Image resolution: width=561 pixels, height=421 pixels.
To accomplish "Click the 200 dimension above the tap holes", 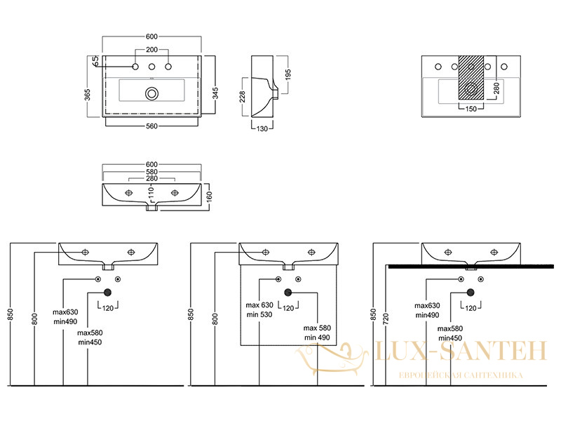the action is click(151, 50).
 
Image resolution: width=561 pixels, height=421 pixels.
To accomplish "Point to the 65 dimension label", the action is click(95, 61).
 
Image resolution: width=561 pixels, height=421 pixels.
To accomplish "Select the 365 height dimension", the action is click(88, 95).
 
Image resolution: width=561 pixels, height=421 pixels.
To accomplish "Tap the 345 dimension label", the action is click(215, 93).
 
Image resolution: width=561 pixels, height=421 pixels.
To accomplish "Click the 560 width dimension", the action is click(151, 126).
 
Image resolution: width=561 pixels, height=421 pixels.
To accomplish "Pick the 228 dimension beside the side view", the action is click(242, 97).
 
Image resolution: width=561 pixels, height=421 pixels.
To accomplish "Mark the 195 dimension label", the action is click(288, 74).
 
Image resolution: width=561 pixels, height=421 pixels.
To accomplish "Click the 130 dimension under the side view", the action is click(262, 128).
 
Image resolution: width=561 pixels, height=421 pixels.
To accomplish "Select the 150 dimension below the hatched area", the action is click(471, 109).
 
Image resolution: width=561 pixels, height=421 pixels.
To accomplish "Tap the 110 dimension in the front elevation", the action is click(151, 192).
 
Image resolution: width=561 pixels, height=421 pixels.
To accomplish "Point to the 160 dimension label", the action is click(210, 196).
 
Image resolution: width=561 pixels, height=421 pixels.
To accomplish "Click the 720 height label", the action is click(385, 318).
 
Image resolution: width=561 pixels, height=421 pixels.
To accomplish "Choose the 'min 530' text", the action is click(259, 314).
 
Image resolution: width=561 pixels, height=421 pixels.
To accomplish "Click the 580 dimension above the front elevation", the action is click(151, 172).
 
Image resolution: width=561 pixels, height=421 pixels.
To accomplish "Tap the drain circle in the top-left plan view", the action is click(152, 94).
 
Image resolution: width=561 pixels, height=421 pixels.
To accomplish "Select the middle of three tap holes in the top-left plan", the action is click(151, 67).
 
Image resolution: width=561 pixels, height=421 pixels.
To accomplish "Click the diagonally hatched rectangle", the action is click(471, 77).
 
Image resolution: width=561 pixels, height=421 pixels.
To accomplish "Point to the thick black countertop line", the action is click(471, 267).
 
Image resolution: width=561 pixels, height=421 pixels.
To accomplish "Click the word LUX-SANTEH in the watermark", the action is click(461, 351).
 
